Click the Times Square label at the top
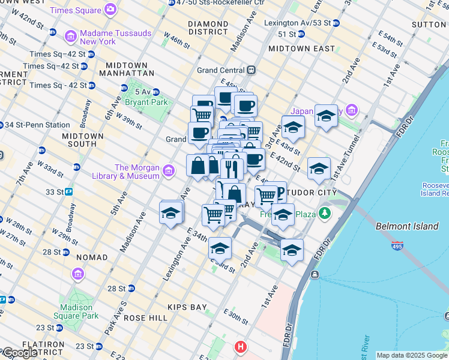(x=76, y=10)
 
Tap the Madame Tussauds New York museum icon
(x=71, y=37)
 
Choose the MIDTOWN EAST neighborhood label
(x=301, y=48)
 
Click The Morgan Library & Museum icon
(x=169, y=172)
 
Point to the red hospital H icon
(x=241, y=347)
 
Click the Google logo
(x=19, y=353)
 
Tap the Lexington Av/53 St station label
(x=297, y=23)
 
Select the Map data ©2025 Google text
(x=411, y=355)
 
